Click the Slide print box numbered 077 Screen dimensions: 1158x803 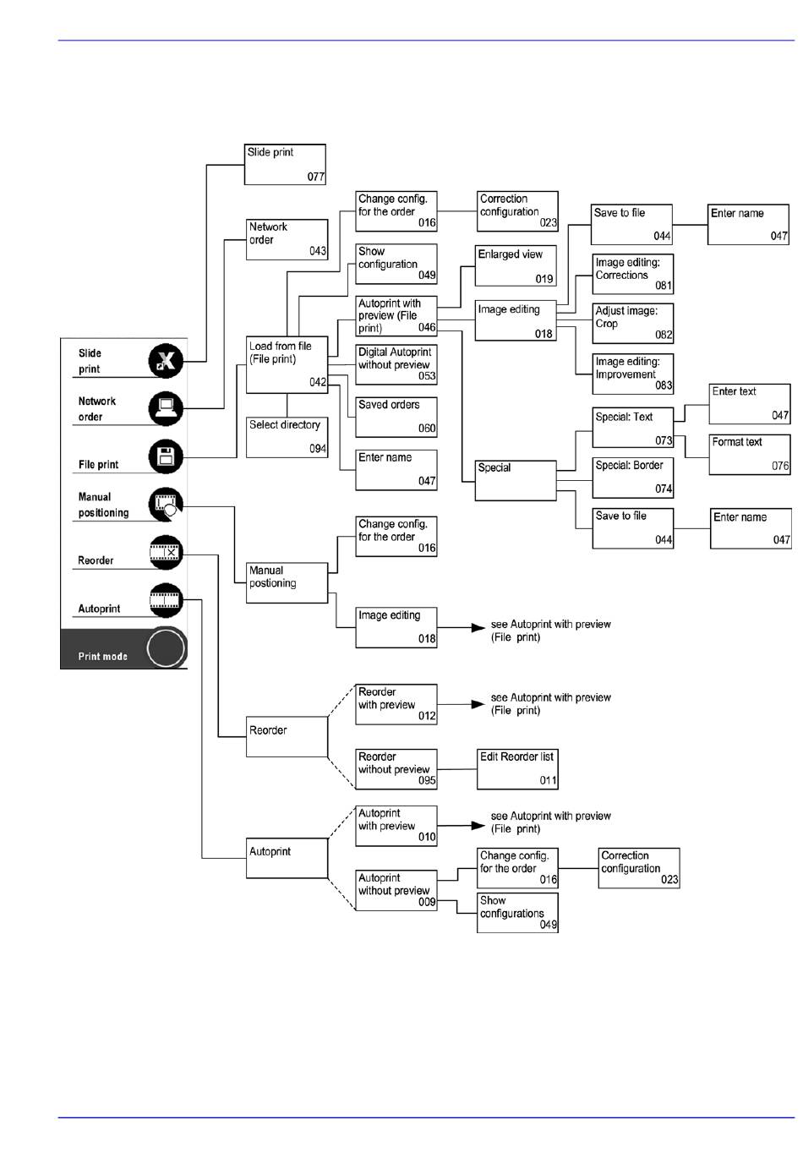285,164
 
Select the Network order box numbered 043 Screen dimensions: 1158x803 287,239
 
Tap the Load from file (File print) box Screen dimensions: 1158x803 287,365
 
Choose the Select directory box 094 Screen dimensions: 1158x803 287,437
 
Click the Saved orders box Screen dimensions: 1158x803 396,417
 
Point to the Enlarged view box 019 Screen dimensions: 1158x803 516,265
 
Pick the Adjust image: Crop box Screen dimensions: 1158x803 633,323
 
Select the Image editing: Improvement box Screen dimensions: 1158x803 633,374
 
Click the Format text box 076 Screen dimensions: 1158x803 749,454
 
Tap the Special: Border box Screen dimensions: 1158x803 633,478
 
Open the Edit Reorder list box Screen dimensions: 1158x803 517,769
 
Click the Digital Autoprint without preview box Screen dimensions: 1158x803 396,364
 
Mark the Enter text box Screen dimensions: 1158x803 749,404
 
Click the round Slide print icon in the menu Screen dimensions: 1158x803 166,361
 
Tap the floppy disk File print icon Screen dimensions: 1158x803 166,457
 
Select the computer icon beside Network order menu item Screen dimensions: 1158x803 166,409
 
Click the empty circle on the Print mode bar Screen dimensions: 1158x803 166,649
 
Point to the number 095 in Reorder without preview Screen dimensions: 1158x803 427,781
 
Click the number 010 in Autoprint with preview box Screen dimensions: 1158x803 427,838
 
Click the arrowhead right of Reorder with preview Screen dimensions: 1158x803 478,704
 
